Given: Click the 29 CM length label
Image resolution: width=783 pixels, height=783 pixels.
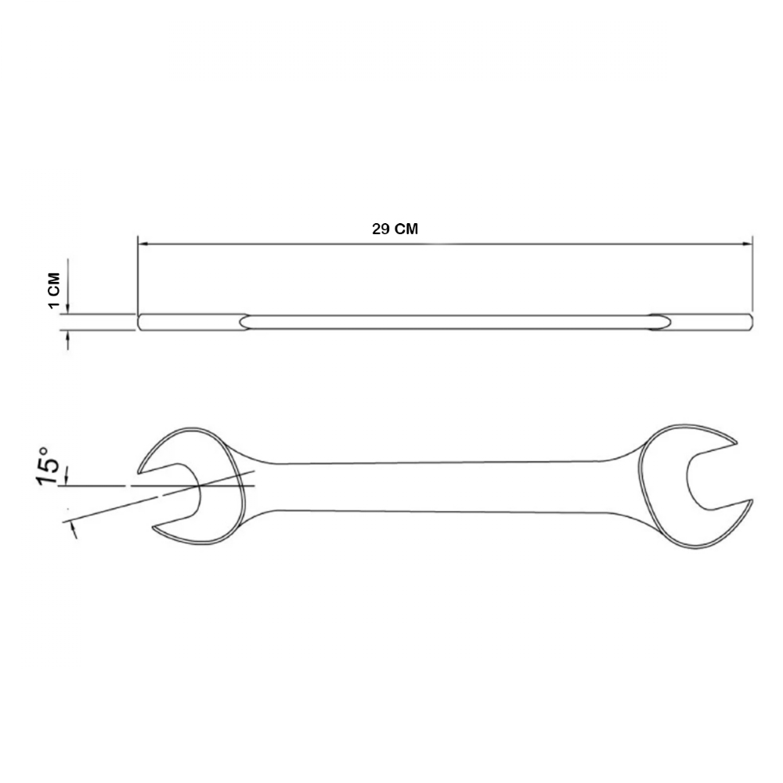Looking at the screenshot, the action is click(395, 229).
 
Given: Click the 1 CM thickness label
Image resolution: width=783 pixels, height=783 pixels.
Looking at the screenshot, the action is click(54, 290).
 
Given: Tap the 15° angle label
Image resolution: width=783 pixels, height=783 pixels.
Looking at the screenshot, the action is click(49, 465).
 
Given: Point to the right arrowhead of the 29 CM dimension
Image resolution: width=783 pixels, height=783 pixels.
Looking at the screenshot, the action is click(746, 244).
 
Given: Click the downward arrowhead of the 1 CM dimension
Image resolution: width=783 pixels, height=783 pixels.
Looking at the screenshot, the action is click(68, 309).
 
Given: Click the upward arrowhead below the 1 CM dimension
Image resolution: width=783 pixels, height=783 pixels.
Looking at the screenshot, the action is click(68, 336).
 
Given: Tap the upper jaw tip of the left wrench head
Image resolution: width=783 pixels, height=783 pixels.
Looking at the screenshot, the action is click(140, 471).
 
